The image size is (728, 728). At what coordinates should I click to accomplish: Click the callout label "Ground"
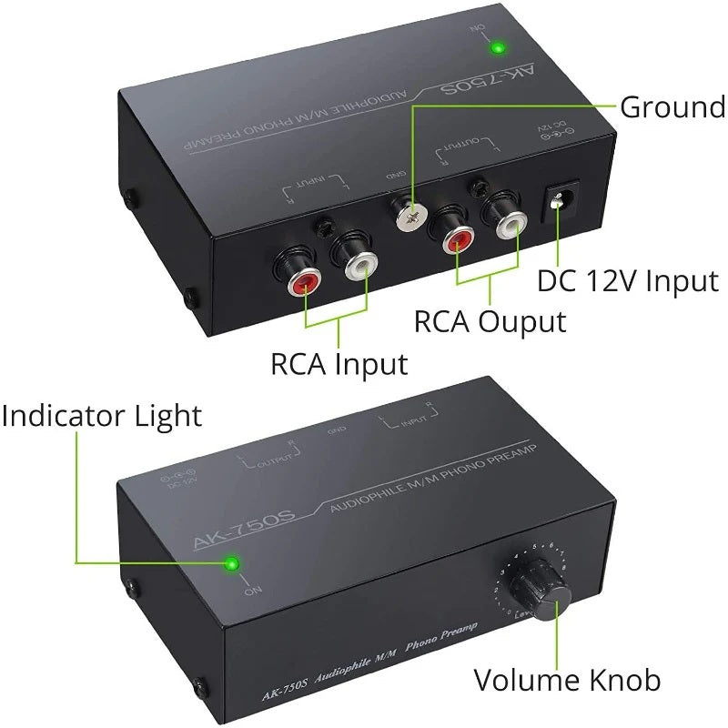(x=672, y=106)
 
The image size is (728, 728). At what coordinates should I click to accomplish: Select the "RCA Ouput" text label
(x=490, y=321)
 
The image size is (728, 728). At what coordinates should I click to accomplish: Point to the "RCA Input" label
(x=339, y=364)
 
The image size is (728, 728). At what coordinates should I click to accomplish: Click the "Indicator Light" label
(x=102, y=417)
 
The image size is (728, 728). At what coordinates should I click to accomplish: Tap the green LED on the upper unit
(x=498, y=47)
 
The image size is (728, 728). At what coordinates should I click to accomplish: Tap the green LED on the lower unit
(x=233, y=566)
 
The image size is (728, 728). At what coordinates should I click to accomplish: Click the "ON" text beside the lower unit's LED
(x=250, y=591)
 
